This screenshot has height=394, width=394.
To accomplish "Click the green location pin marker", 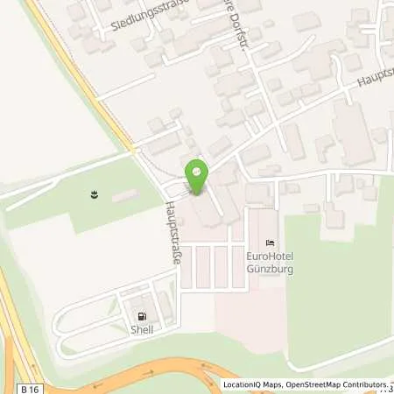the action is (197, 175).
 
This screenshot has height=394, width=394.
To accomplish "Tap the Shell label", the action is (142, 330).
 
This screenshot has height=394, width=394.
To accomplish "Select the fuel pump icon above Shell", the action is (141, 317).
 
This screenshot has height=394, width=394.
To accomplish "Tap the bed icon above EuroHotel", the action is (270, 243).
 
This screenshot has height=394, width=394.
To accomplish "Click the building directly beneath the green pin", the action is (208, 210).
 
